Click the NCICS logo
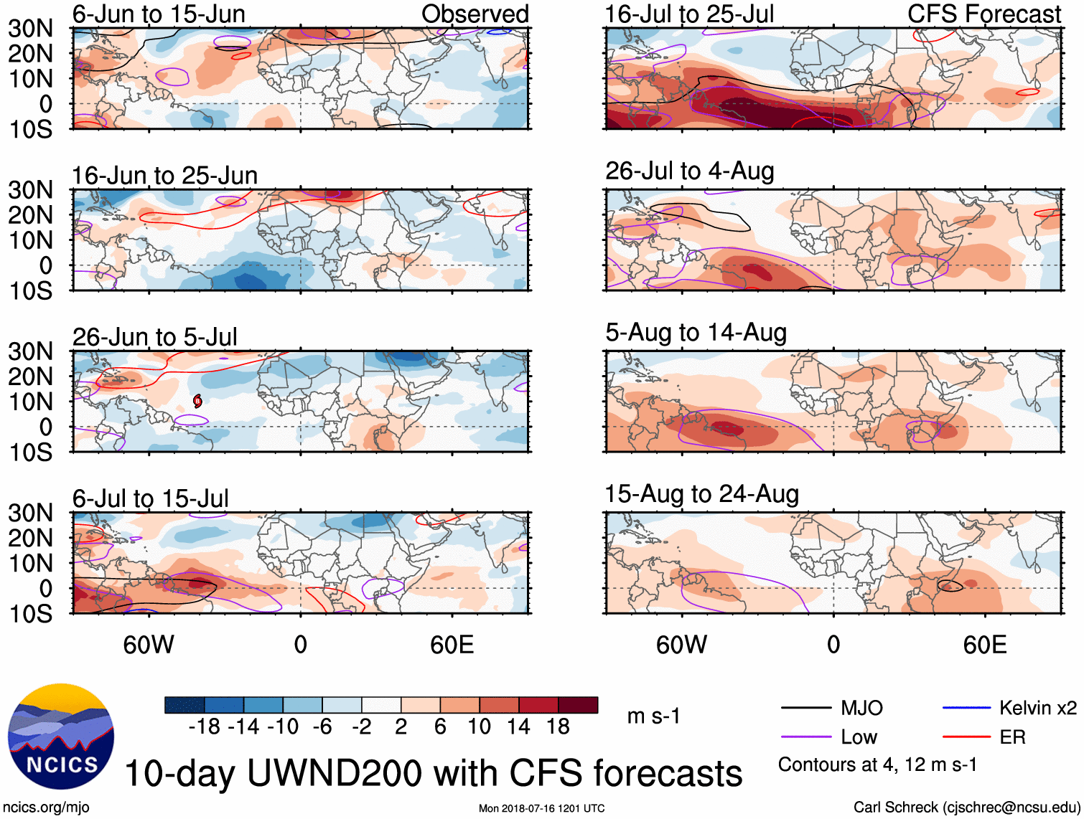point(61,737)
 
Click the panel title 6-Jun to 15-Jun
point(159,14)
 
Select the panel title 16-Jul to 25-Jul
point(689,14)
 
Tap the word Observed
point(475,14)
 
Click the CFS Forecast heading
point(983,14)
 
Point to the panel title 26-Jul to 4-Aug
point(689,171)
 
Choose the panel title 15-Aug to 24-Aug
point(701,493)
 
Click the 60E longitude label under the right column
point(984,645)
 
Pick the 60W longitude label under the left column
point(149,645)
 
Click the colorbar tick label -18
point(204,726)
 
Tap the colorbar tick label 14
point(518,726)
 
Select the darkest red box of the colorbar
point(578,705)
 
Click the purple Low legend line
point(806,737)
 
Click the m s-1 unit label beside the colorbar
point(653,716)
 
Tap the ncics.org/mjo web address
point(46,807)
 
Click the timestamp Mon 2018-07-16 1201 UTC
point(541,808)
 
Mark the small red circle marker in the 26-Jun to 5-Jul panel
point(197,401)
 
